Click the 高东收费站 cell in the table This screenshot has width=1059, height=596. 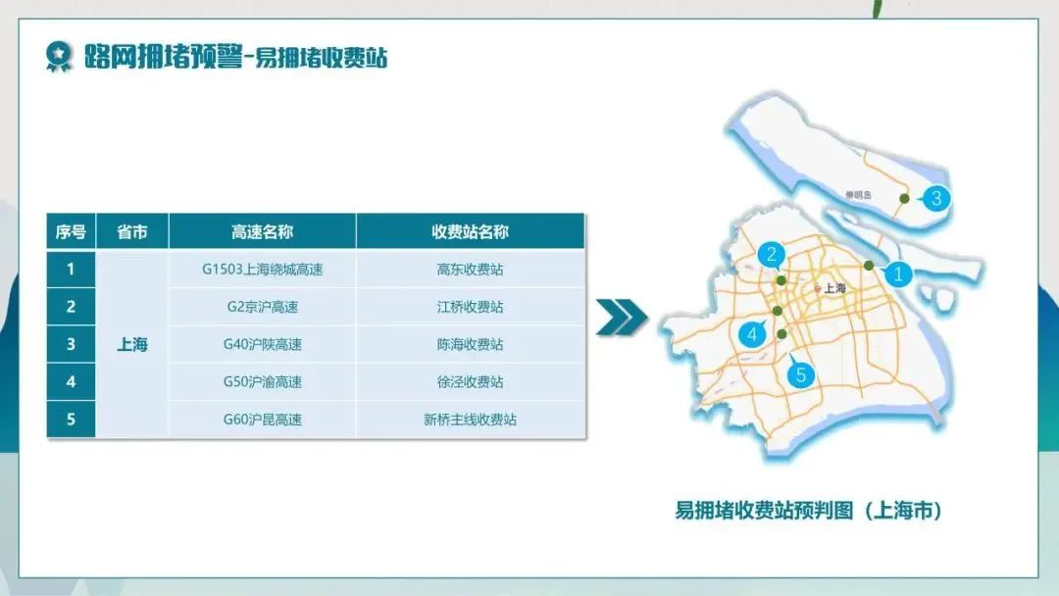point(470,270)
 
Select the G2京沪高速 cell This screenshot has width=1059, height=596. point(262,307)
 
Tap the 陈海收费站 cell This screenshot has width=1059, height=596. point(470,344)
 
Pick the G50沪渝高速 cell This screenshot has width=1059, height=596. point(262,382)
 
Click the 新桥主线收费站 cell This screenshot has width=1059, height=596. point(470,420)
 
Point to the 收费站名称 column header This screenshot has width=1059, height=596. point(470,232)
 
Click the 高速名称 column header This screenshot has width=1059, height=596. point(262,232)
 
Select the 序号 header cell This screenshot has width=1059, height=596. point(71,232)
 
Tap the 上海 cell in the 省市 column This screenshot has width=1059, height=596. point(132,344)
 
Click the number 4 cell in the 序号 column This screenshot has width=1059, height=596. point(71,382)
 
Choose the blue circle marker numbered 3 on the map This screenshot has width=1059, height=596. point(936,198)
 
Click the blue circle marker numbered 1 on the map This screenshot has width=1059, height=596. point(898,274)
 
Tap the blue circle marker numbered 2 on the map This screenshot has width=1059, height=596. point(772,255)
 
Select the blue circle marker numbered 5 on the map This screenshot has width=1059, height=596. point(801,374)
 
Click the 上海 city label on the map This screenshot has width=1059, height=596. point(834,288)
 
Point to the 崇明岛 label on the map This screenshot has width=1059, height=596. point(858,195)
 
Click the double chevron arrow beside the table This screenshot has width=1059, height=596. point(622,318)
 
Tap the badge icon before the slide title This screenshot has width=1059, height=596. point(59,57)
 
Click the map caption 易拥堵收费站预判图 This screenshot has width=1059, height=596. point(764,511)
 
